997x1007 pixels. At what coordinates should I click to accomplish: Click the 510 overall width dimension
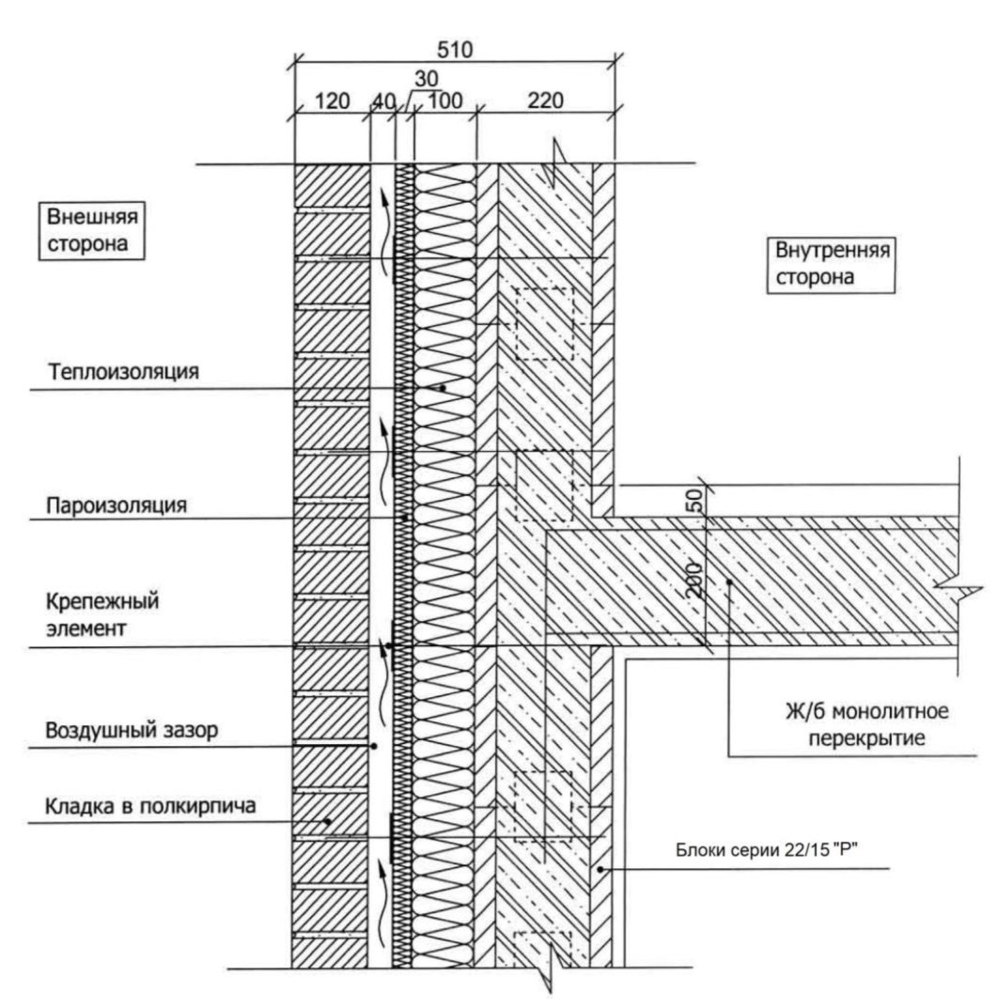tap(455, 50)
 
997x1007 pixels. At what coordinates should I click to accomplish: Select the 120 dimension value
tap(333, 101)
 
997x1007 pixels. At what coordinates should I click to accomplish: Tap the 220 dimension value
tap(545, 101)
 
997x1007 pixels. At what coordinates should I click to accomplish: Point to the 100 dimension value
tap(444, 101)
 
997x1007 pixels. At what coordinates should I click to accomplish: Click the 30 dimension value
tap(426, 79)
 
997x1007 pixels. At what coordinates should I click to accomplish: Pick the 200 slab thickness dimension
tap(693, 581)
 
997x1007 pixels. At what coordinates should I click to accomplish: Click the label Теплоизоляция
tap(124, 371)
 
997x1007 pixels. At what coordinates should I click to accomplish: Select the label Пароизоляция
tap(117, 504)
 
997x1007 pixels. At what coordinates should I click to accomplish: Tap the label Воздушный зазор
tap(132, 730)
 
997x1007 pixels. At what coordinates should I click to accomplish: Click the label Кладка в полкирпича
tap(150, 805)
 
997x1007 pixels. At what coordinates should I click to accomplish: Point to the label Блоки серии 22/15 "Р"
tap(767, 850)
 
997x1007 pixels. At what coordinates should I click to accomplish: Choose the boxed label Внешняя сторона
tap(92, 230)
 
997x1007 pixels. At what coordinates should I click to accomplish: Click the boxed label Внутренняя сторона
tap(832, 264)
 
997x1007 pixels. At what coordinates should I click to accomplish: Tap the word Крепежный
tap(102, 602)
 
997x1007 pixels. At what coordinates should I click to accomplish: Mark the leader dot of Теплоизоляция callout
tap(443, 388)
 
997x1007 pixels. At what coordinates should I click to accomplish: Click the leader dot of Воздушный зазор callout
tap(374, 746)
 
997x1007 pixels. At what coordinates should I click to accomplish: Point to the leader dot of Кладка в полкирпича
tap(328, 821)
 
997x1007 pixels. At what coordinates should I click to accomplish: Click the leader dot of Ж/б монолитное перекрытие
tap(730, 581)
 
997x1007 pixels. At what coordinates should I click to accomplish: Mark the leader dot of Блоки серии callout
tap(600, 869)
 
